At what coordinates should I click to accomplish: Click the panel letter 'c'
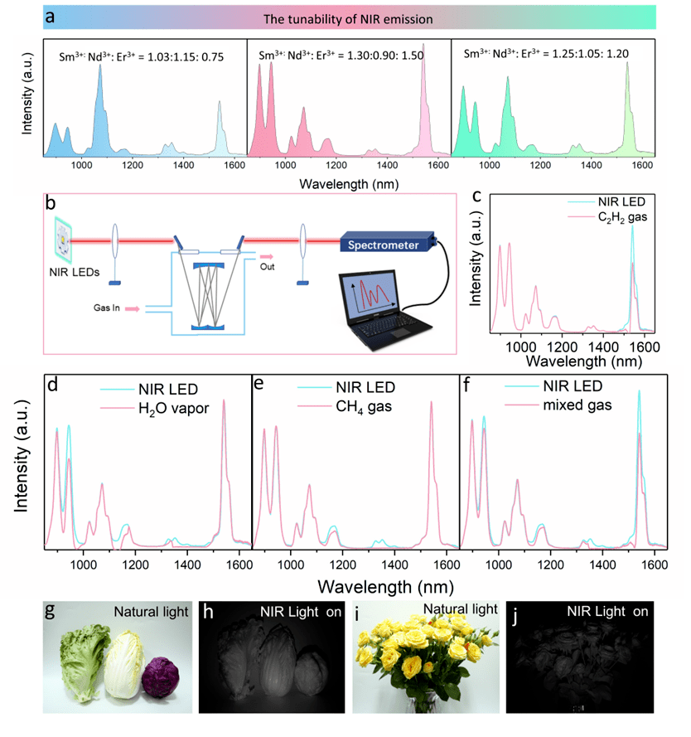coord(477,196)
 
